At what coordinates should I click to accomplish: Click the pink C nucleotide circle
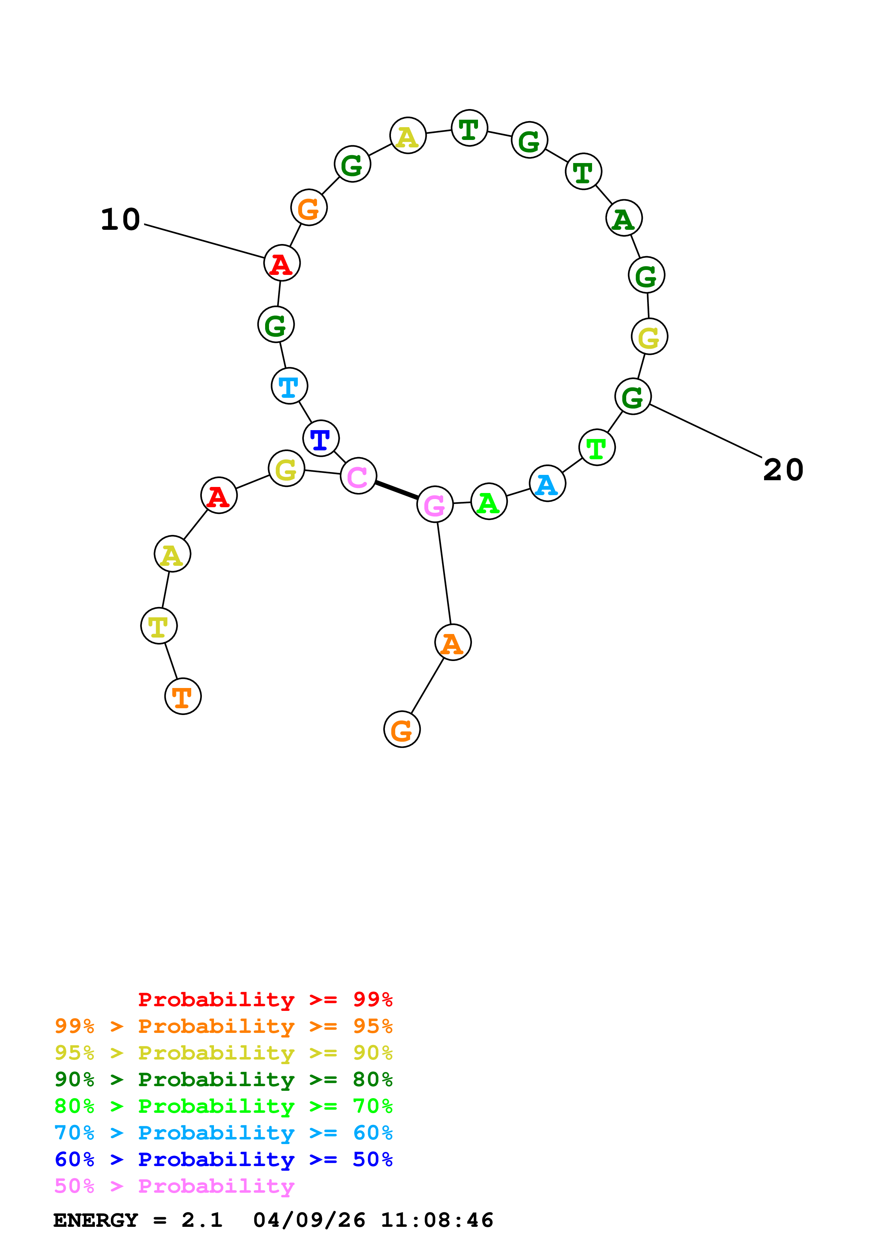coord(358,476)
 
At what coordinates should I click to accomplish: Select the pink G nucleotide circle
coord(434,505)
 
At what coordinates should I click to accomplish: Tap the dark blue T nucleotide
coord(321,439)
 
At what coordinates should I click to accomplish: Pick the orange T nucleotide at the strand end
coord(183,696)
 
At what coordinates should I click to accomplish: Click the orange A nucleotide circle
coord(453,643)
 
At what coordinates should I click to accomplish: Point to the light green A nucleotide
coord(489,502)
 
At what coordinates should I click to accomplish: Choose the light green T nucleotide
coord(597,448)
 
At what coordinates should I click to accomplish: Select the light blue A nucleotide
coord(547,483)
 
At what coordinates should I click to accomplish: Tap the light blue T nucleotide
coord(289,386)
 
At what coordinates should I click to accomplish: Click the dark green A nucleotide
coord(624,218)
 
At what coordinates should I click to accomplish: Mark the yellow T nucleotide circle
coord(159,626)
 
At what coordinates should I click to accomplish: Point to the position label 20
coord(783,470)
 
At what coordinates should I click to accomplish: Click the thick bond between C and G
coord(396,490)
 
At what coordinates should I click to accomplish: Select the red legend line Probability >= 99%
coord(265,999)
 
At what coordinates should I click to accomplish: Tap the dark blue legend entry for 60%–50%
coord(223,1159)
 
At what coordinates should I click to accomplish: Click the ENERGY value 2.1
coord(202,1220)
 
